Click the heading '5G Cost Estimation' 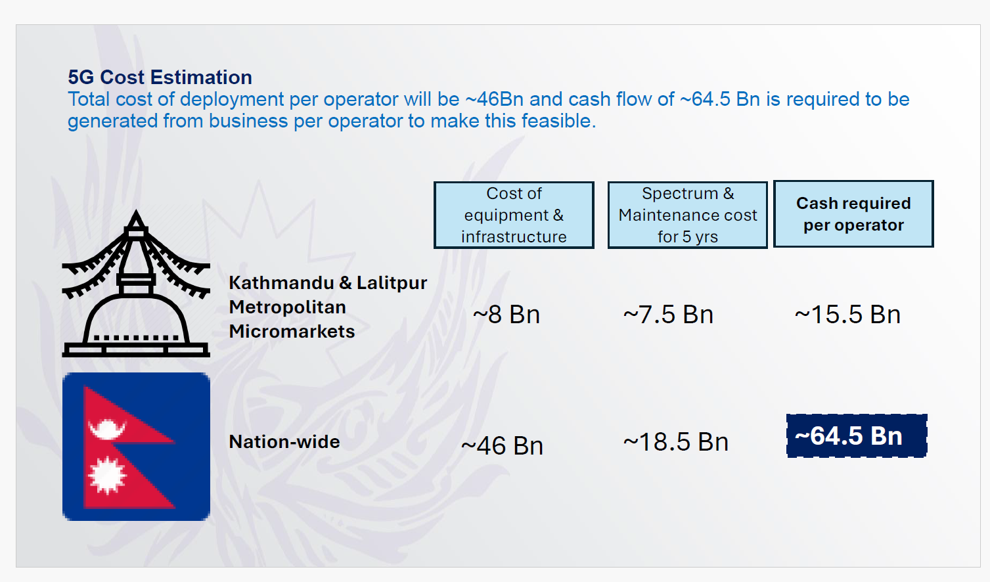(x=160, y=78)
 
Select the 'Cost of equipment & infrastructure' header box (x=514, y=215)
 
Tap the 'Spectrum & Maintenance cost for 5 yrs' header (x=687, y=215)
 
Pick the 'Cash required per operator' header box (x=853, y=214)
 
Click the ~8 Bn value (x=506, y=315)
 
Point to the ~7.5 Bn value (x=668, y=315)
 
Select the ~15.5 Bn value (x=847, y=315)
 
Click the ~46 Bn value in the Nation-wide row (x=502, y=445)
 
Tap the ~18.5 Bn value (x=676, y=442)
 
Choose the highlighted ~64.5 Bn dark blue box (x=857, y=436)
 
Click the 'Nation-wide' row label (x=284, y=441)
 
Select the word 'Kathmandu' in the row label (x=282, y=283)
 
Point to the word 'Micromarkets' (x=292, y=332)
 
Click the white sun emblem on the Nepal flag (x=107, y=476)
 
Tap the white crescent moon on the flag (x=107, y=430)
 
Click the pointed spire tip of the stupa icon (x=136, y=210)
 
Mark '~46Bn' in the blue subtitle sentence (x=495, y=99)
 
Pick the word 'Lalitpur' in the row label (x=392, y=283)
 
